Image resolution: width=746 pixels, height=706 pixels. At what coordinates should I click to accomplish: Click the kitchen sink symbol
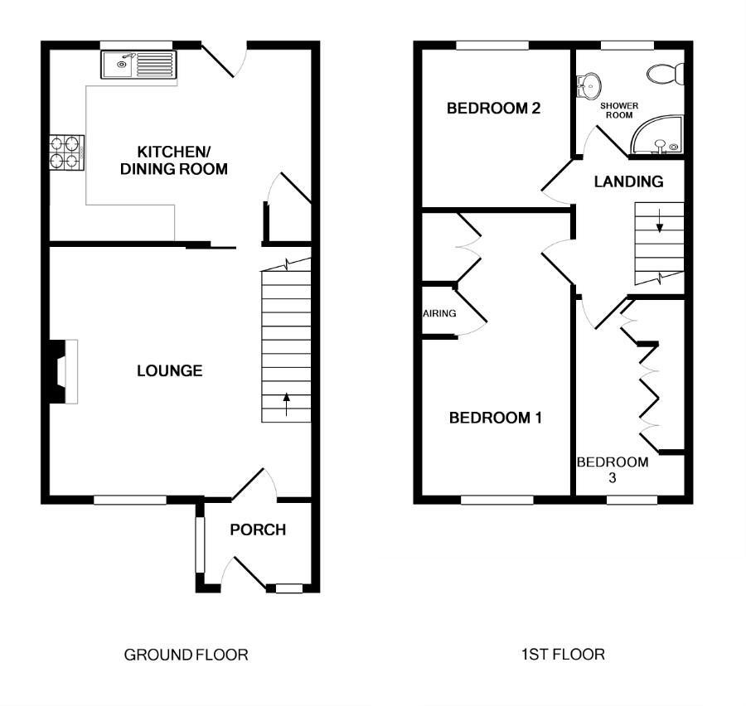(x=138, y=65)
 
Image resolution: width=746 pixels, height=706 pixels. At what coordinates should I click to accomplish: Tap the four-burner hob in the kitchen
(x=66, y=152)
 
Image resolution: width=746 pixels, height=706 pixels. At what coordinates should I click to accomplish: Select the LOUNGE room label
(x=170, y=370)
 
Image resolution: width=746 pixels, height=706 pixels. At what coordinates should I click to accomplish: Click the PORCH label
(x=258, y=529)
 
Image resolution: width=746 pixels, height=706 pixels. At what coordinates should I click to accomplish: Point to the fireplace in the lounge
(x=63, y=371)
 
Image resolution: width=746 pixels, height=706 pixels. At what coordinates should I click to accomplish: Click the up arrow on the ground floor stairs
(x=286, y=404)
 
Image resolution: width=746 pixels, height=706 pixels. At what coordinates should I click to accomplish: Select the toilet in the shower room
(x=666, y=74)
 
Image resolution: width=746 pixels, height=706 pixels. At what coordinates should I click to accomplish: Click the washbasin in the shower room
(x=589, y=86)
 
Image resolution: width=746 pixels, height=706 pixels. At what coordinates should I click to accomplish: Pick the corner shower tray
(x=658, y=135)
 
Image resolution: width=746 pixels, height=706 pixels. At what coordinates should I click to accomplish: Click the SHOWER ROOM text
(x=619, y=110)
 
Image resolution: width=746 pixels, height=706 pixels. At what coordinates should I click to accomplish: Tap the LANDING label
(x=628, y=181)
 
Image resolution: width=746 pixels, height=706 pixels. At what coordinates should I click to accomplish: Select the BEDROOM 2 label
(x=493, y=109)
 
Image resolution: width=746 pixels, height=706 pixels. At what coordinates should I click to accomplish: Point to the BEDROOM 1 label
(x=496, y=418)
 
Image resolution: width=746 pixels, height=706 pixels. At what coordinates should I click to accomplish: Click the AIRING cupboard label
(x=439, y=313)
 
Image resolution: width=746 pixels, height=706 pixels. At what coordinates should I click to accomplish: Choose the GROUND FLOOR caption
(x=186, y=655)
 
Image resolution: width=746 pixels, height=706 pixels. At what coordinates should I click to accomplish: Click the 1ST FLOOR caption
(x=563, y=655)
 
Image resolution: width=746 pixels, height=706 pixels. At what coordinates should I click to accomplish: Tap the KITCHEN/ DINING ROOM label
(x=174, y=160)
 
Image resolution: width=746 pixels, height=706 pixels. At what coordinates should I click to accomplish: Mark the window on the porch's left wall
(x=200, y=544)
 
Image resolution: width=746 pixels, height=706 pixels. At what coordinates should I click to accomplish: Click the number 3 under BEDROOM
(x=612, y=477)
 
